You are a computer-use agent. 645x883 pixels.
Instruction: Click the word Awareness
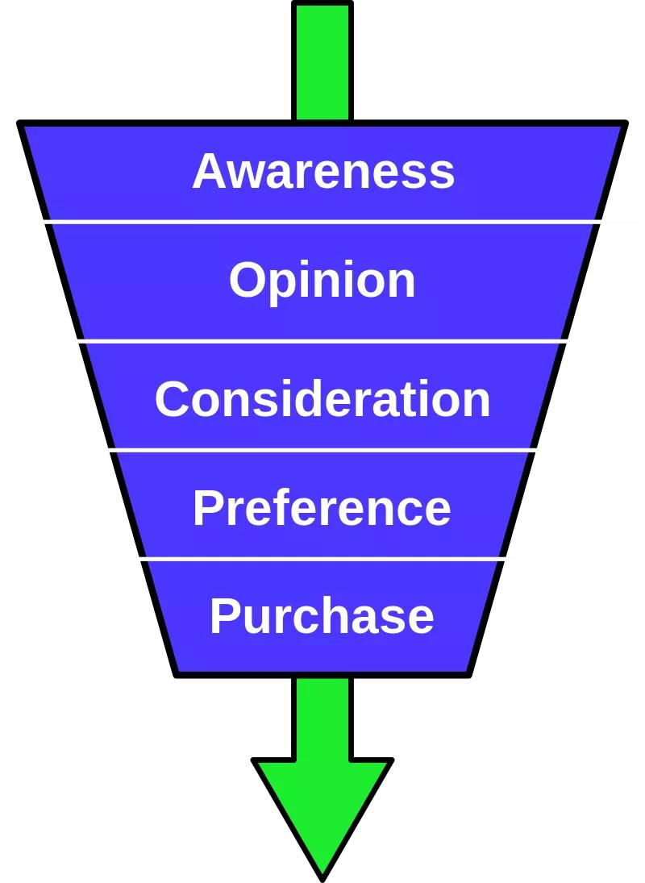[x=323, y=171]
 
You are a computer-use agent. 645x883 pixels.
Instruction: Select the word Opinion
[x=322, y=281]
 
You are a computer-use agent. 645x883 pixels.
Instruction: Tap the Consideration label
[x=322, y=399]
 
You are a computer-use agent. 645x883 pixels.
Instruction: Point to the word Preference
[x=322, y=508]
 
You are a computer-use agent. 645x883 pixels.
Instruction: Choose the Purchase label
[x=322, y=616]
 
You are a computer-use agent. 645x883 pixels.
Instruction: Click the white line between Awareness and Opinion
[x=322, y=221]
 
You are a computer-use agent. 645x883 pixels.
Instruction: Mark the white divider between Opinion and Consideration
[x=322, y=341]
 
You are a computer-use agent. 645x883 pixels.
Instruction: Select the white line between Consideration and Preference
[x=322, y=449]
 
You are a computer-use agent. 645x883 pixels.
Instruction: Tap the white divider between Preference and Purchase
[x=322, y=558]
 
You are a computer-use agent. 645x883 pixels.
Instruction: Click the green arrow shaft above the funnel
[x=322, y=60]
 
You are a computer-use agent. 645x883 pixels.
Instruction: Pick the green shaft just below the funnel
[x=322, y=714]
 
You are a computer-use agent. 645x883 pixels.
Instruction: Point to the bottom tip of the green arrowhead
[x=322, y=877]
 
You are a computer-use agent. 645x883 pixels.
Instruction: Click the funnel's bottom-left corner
[x=177, y=673]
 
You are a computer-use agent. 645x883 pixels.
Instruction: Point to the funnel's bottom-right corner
[x=468, y=673]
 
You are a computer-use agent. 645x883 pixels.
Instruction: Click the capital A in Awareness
[x=210, y=171]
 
